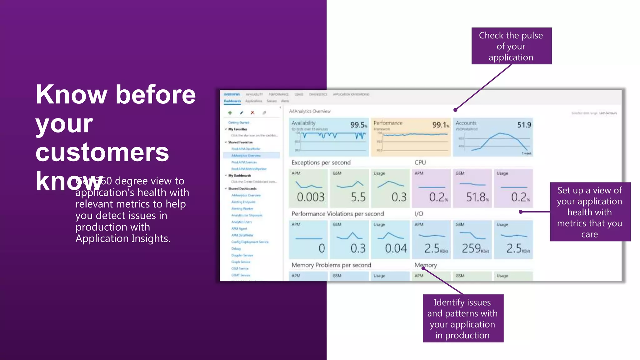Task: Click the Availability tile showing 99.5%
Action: (x=329, y=137)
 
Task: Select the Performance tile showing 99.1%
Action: (x=411, y=137)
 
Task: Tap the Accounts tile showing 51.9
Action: (x=493, y=137)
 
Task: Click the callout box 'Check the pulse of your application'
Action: (x=511, y=46)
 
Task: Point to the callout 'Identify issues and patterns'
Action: (x=463, y=318)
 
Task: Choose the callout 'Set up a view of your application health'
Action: (x=590, y=212)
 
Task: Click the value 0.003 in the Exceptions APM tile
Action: (x=310, y=197)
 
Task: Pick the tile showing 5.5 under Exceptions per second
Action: (x=349, y=188)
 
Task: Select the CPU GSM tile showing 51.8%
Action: (x=472, y=188)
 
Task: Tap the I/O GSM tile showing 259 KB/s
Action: (x=472, y=240)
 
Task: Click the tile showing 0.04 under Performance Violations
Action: (x=390, y=240)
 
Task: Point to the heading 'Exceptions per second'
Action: (x=321, y=162)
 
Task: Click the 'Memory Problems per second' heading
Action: (x=331, y=265)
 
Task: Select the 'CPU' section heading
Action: (x=420, y=162)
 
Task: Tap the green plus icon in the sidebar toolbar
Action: (x=230, y=112)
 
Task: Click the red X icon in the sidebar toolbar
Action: (x=252, y=112)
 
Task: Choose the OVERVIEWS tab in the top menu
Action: (x=232, y=94)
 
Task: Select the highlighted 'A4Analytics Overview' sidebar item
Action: (x=246, y=155)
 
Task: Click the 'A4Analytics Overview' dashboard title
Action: (x=310, y=111)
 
